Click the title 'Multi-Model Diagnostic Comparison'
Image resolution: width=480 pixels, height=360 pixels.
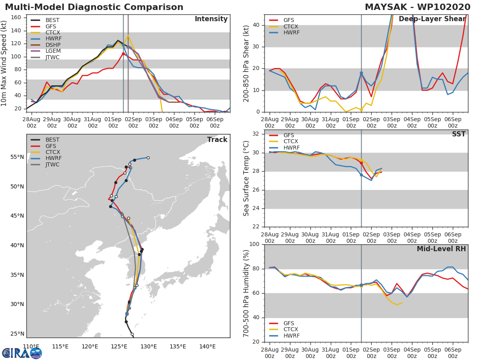[x=94, y=7]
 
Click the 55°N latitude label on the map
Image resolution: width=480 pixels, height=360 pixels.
[x=17, y=157]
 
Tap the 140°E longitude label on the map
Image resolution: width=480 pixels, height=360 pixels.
[x=207, y=347]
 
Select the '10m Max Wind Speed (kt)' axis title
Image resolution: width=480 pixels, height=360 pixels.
[x=4, y=64]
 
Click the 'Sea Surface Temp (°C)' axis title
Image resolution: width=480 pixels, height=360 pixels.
[x=246, y=178]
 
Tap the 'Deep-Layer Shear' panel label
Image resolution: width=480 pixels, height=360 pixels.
[x=432, y=19]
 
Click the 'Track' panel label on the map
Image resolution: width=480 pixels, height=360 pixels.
[x=217, y=140]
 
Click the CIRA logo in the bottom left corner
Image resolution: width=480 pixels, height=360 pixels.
[x=22, y=353]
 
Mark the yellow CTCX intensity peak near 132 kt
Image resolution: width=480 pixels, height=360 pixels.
[x=128, y=36]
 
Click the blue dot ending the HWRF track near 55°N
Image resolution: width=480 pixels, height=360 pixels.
[x=148, y=158]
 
